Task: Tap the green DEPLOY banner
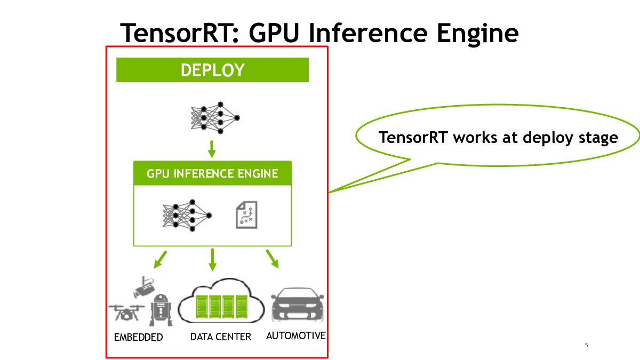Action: click(212, 70)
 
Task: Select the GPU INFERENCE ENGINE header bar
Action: click(212, 173)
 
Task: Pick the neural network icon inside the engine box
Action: click(187, 215)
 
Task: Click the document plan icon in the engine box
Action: click(246, 215)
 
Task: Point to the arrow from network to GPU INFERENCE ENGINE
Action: click(212, 149)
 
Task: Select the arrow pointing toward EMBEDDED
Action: click(160, 259)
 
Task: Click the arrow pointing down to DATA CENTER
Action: click(212, 259)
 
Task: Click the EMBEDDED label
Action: click(138, 338)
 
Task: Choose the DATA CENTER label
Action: click(220, 337)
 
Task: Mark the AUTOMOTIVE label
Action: click(295, 336)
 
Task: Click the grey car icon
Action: click(297, 306)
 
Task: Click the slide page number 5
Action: click(586, 346)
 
